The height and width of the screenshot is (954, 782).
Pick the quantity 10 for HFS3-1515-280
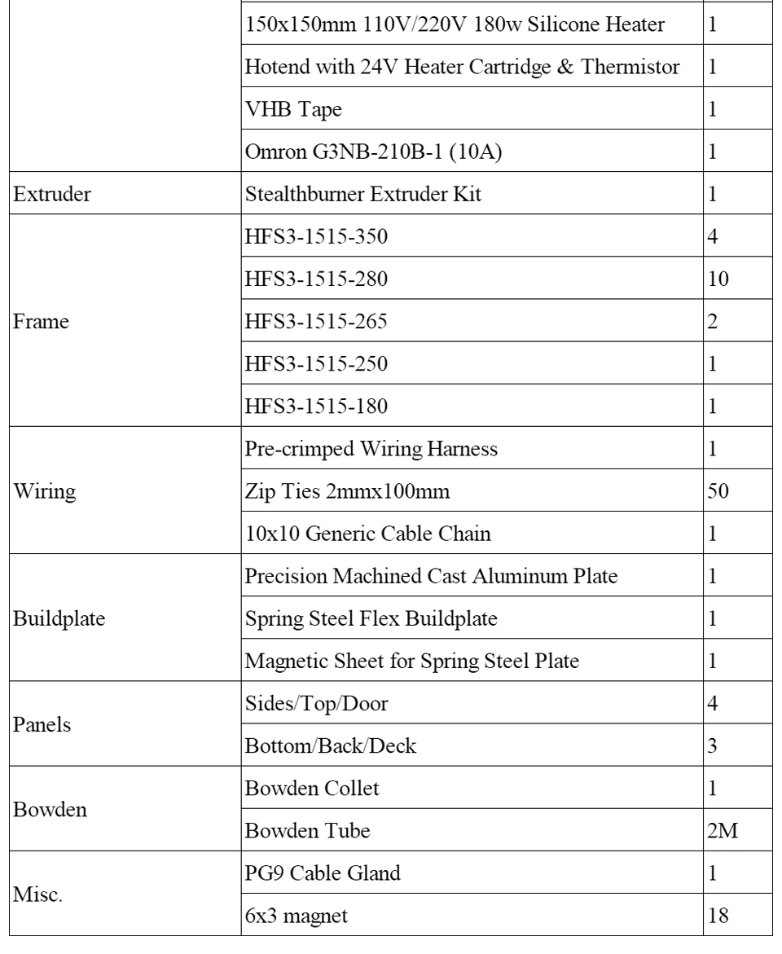click(718, 279)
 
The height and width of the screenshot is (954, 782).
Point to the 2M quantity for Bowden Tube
click(721, 830)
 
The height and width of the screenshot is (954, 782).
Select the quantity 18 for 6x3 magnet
click(718, 915)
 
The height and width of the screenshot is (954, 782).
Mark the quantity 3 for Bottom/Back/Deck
click(714, 745)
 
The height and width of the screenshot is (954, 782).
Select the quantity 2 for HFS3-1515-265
click(714, 322)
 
